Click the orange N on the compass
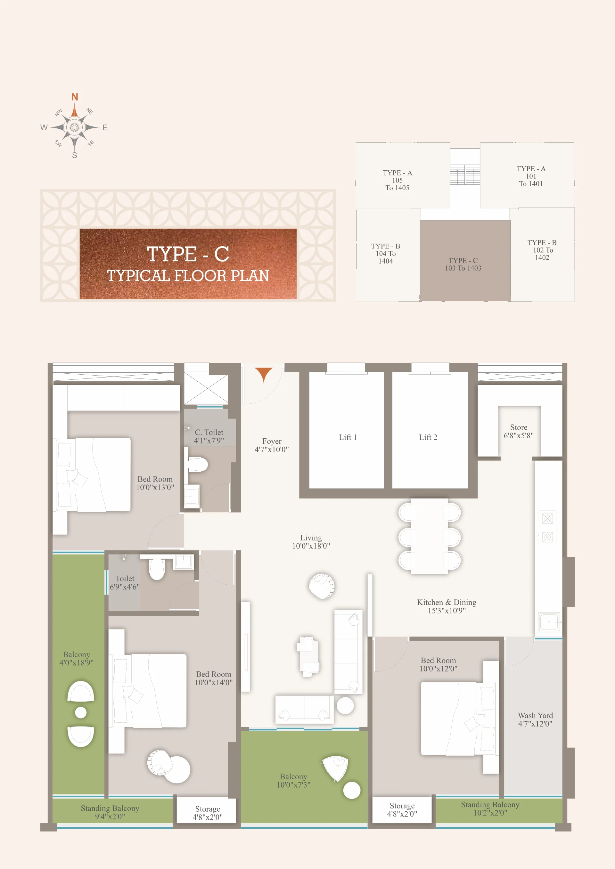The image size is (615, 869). (75, 97)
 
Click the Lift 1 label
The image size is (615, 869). (348, 437)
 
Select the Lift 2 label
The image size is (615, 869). (428, 437)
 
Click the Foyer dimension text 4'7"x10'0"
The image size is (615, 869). (272, 450)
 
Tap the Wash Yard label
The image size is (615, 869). (535, 715)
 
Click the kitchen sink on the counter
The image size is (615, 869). (549, 622)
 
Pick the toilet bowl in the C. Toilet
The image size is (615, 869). (198, 464)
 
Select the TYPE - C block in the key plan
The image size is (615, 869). (465, 260)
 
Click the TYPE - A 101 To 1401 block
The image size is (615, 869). (527, 175)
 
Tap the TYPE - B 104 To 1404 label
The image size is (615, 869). (386, 254)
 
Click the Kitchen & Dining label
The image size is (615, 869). (447, 602)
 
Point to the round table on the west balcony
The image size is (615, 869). (81, 713)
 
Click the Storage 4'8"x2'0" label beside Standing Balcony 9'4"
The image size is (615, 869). (208, 813)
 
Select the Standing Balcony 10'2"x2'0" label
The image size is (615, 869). (490, 808)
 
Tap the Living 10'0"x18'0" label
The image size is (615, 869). (311, 542)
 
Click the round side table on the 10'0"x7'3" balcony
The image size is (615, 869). (352, 790)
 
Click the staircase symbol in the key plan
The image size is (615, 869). (465, 175)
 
